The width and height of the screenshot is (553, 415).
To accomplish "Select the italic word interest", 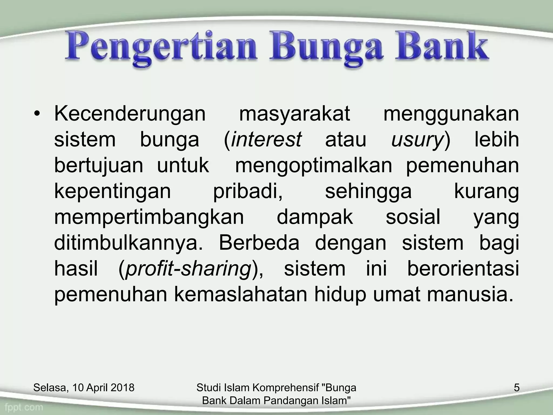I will [266, 140].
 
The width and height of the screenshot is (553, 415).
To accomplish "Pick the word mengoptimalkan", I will [313, 166].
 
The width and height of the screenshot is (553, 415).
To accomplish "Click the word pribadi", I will [248, 192].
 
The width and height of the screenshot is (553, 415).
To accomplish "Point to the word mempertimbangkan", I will [149, 217].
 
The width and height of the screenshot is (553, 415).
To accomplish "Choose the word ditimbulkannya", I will [128, 243].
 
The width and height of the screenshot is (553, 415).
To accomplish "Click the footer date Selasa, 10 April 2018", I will [84, 388].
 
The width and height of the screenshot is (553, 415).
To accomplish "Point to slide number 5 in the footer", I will [516, 388].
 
